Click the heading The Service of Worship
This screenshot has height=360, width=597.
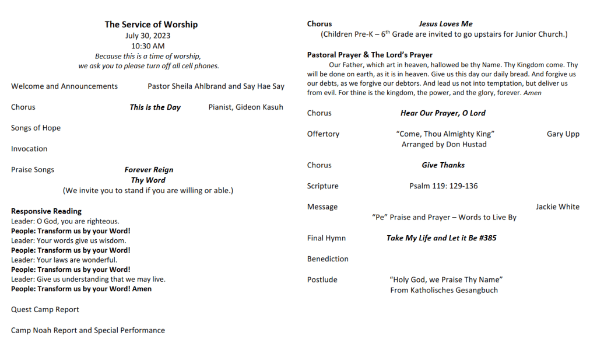pyautogui.click(x=151, y=25)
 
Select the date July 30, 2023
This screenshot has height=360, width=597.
pyautogui.click(x=148, y=36)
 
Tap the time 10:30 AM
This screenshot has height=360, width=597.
pyautogui.click(x=148, y=46)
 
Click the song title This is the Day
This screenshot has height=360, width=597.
pyautogui.click(x=155, y=107)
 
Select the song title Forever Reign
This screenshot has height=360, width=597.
pyautogui.click(x=149, y=170)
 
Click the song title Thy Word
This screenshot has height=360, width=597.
pyautogui.click(x=148, y=180)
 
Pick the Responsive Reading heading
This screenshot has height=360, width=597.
pyautogui.click(x=46, y=211)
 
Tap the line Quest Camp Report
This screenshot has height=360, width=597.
pyautogui.click(x=45, y=309)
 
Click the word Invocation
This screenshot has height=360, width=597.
pyautogui.click(x=29, y=149)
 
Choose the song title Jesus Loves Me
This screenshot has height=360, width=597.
pyautogui.click(x=445, y=24)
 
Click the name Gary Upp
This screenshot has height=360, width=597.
pyautogui.click(x=563, y=134)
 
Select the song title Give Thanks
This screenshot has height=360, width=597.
pyautogui.click(x=443, y=165)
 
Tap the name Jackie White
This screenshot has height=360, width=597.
pyautogui.click(x=557, y=207)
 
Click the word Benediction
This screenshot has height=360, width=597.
pyautogui.click(x=328, y=259)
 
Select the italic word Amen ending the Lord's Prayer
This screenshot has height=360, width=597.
pyautogui.click(x=532, y=93)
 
